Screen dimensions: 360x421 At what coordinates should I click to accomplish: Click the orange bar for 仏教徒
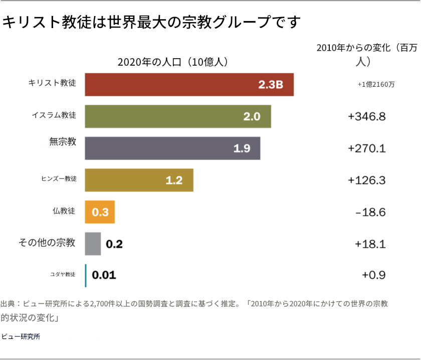click(100, 212)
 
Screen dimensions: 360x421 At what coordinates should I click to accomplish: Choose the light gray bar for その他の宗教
click(93, 244)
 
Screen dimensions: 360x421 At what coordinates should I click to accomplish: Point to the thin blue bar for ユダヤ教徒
click(86, 275)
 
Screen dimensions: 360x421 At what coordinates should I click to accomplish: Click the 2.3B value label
click(271, 85)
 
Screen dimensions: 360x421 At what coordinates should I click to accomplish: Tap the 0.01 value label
click(104, 275)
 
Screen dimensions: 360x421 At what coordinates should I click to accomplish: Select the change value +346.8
click(366, 117)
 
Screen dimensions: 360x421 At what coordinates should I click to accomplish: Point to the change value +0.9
click(373, 275)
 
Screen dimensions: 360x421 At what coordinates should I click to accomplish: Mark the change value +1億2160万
click(376, 85)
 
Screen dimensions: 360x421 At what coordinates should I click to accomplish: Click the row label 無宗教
click(63, 142)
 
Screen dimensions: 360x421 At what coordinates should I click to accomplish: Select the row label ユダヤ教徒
click(63, 274)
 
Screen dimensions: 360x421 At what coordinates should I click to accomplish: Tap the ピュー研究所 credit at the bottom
click(21, 336)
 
